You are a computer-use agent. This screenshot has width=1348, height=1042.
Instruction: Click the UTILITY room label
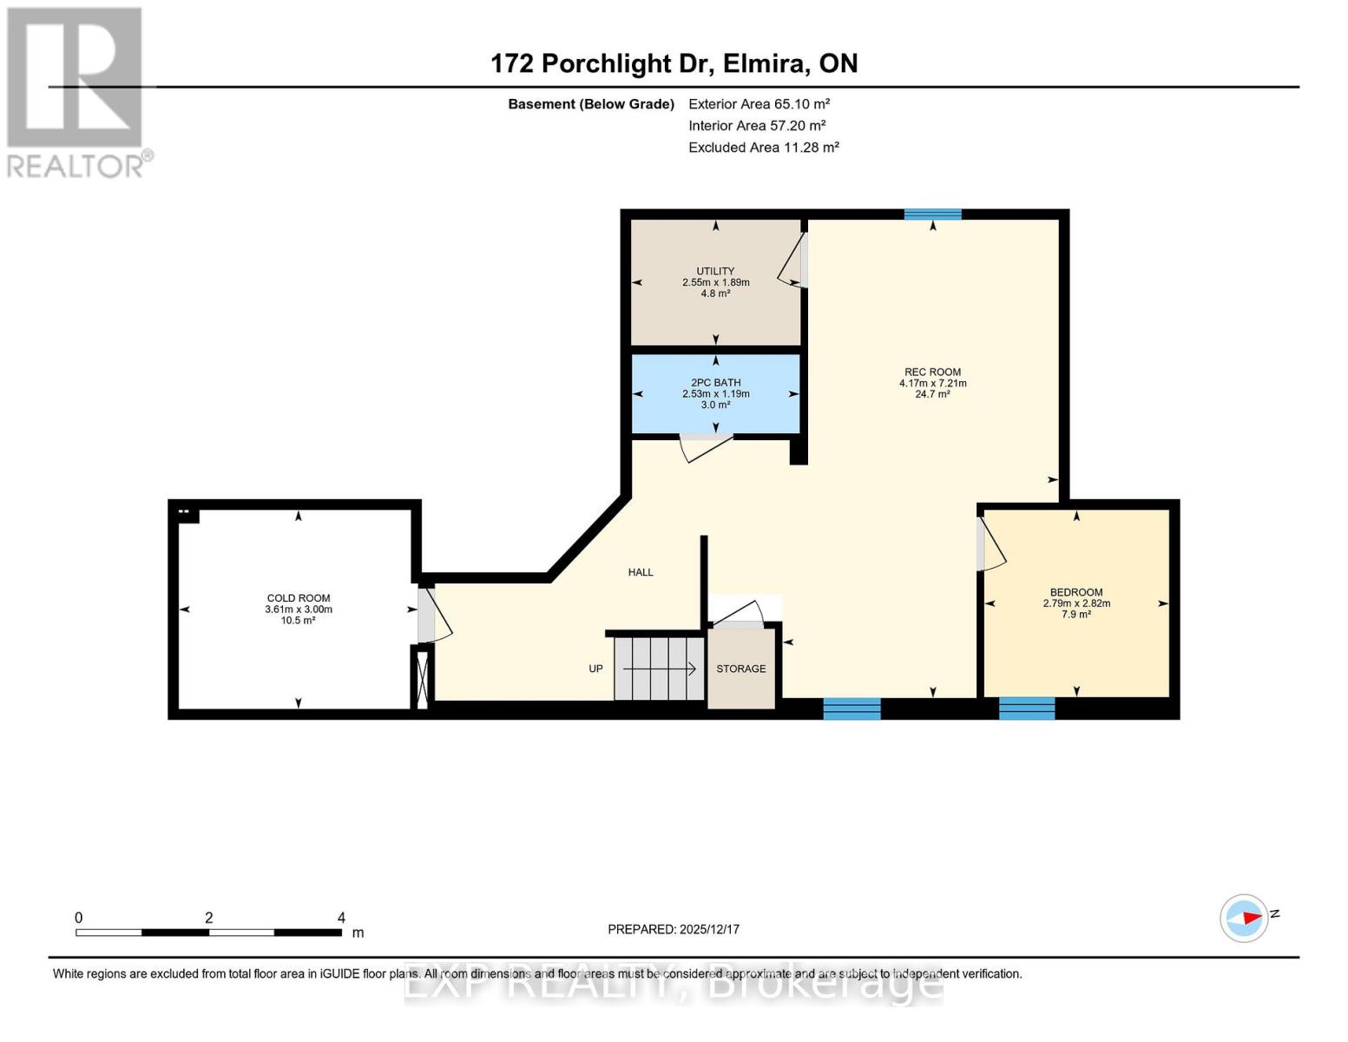pos(715,271)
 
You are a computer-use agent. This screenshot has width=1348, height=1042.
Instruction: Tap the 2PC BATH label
pos(715,382)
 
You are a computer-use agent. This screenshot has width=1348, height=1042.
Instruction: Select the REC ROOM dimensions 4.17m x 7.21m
pos(932,383)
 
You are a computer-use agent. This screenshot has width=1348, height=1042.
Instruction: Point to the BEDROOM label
pos(1076,592)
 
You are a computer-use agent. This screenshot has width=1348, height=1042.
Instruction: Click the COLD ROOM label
pos(299,598)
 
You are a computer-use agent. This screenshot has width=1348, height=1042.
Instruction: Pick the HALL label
pos(641,572)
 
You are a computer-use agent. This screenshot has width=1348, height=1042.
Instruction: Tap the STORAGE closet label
pos(740,669)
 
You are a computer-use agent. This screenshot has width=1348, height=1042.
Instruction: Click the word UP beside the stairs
pos(595,669)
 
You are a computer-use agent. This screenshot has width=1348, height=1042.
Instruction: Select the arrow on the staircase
pos(660,669)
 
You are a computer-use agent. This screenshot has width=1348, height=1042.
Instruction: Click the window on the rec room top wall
pos(932,214)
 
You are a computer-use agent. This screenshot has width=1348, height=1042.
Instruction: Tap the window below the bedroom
pos(1027,709)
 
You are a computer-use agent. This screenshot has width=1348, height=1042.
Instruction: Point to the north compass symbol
pos(1245,918)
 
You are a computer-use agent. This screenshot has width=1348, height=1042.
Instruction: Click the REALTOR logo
pos(76,91)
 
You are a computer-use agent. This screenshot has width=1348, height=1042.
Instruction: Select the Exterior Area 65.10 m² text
pos(759,103)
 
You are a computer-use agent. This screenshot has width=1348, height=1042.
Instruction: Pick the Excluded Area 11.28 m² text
pos(763,148)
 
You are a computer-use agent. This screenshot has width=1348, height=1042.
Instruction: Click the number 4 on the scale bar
pos(341,918)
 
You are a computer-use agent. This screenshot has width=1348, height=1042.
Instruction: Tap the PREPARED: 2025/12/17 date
pos(674,929)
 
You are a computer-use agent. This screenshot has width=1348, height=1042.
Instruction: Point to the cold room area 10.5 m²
pos(298,621)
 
